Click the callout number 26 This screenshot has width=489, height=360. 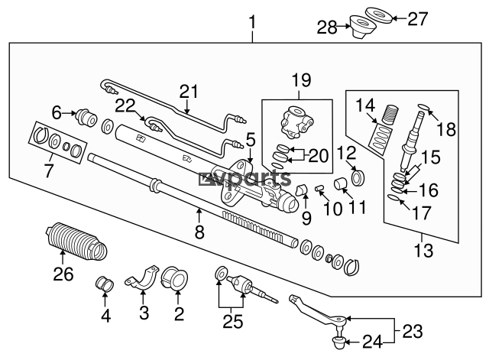(64, 272)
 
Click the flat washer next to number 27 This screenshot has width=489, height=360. (397, 16)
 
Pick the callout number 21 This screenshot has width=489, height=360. (188, 91)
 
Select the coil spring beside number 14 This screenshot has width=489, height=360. (389, 117)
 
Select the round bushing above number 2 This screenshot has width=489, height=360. (175, 281)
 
